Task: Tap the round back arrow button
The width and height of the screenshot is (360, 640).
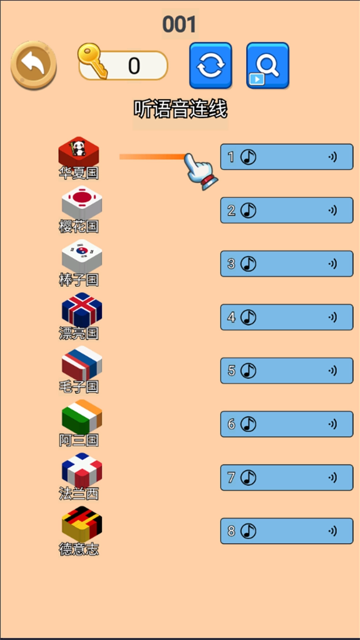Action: coord(34,65)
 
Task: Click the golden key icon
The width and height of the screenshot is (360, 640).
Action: coord(93,61)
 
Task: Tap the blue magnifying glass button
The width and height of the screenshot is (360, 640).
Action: coord(268,65)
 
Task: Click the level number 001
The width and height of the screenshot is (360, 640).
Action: coord(179,24)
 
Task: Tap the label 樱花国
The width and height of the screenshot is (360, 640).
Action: coord(79,226)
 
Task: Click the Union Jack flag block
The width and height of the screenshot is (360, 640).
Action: coord(82,309)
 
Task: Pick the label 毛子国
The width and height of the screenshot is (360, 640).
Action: coord(79,387)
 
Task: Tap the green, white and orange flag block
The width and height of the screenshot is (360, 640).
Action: coord(82,416)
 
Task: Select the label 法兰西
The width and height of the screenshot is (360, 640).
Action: coord(79,494)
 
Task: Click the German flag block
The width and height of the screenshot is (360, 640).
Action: coord(82,524)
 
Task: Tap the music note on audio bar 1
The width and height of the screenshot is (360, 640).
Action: coord(248,157)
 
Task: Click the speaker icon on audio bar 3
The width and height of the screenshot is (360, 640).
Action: coord(332,264)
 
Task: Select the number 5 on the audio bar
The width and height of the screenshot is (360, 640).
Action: coord(231,371)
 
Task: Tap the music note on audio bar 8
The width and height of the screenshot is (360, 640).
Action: coord(248,531)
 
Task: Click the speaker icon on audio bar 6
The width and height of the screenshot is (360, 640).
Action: coord(332,424)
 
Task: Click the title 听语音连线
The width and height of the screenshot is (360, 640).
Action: coord(180,109)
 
